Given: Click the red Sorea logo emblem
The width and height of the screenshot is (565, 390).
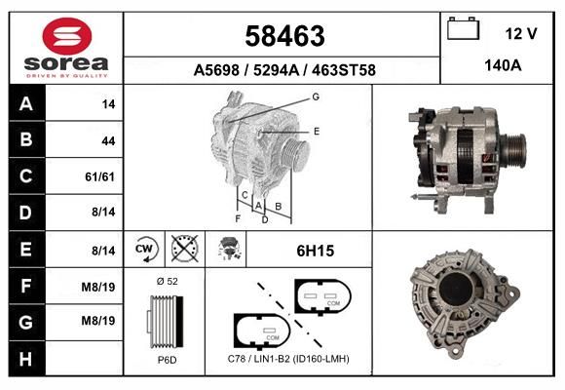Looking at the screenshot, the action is pos(67,36).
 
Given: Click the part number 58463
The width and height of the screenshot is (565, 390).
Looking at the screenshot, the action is pos(284,36).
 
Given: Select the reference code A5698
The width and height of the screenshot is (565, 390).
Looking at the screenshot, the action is pos(216,70).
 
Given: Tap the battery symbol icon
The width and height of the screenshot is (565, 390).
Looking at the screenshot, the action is pos(464,28).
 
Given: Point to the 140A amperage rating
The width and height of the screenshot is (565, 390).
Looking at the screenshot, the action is pos(503,65).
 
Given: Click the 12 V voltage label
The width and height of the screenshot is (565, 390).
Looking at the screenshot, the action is pos(521,34).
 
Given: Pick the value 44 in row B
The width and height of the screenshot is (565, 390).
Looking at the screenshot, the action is pos(108,140).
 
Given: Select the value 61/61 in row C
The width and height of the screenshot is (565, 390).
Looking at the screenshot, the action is pos(99,176).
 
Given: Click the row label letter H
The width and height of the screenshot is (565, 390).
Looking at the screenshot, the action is pos(25,359).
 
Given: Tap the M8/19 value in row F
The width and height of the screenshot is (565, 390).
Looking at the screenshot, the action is pos(98,288).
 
